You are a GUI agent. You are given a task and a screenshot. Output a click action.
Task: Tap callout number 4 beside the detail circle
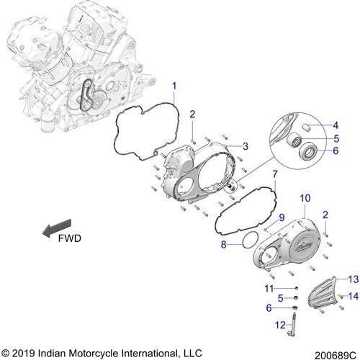point(336,127)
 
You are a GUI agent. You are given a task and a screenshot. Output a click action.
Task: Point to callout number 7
point(274,174)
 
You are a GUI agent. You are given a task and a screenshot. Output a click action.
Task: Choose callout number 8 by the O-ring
point(224,245)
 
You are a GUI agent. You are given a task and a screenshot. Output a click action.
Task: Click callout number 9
point(282,217)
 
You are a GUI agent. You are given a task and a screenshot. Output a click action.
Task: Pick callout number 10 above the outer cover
point(304,197)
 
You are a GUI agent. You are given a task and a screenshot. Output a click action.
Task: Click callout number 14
point(354,295)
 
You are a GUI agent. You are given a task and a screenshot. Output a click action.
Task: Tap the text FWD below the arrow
point(71,238)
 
